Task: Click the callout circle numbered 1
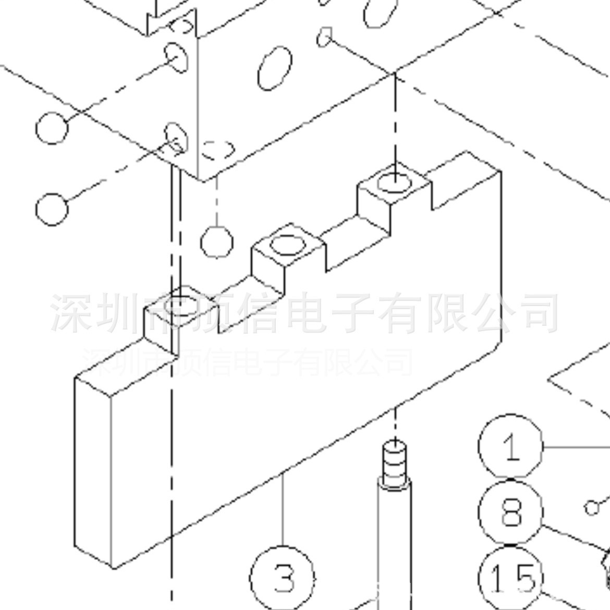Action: pyautogui.click(x=511, y=447)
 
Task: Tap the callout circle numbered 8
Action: pyautogui.click(x=511, y=512)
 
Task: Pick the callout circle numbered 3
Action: pyautogui.click(x=283, y=578)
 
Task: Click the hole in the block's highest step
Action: pyautogui.click(x=394, y=183)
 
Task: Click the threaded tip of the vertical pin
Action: pyautogui.click(x=395, y=462)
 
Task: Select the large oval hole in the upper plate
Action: pyautogui.click(x=274, y=67)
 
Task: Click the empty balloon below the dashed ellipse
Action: pyautogui.click(x=216, y=242)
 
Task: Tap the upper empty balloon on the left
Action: pyautogui.click(x=52, y=128)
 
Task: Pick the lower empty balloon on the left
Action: pyautogui.click(x=52, y=209)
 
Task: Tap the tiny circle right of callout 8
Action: pyautogui.click(x=591, y=507)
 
